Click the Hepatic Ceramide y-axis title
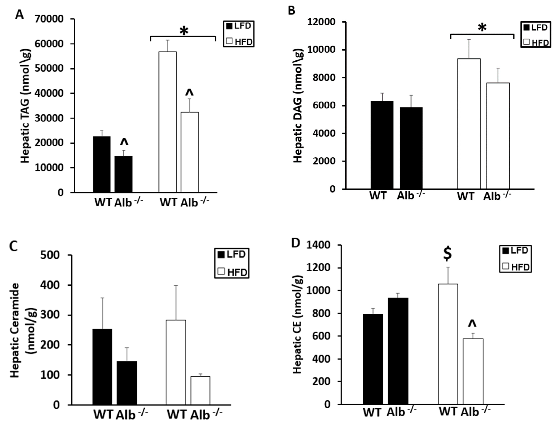point(24,331)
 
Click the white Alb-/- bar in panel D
point(473,372)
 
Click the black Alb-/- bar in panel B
point(411,148)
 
